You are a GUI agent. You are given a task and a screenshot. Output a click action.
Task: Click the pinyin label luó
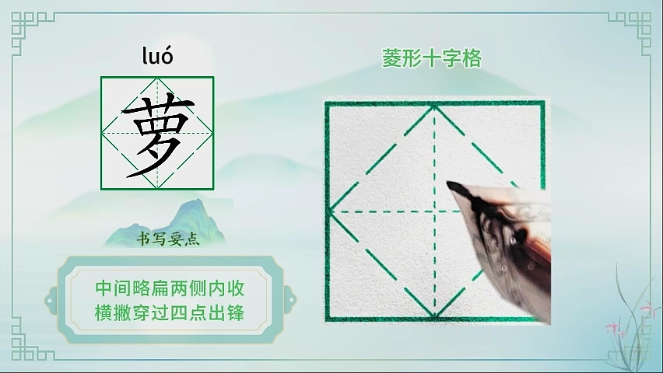[x=157, y=56]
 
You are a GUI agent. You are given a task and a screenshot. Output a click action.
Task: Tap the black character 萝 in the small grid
[x=157, y=135]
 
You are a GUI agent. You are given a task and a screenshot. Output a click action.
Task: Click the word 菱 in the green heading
[x=391, y=58]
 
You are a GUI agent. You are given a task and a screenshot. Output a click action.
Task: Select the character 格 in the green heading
[x=472, y=58]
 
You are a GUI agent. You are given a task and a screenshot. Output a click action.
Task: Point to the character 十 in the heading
[x=432, y=58]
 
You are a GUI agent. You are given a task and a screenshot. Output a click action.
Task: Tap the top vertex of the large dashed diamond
[x=434, y=107]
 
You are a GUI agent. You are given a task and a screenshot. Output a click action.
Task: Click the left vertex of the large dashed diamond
[x=331, y=211]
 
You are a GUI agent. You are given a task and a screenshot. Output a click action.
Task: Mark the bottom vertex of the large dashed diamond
[x=434, y=315]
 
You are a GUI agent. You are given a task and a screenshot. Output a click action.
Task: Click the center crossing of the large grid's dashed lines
[x=434, y=211]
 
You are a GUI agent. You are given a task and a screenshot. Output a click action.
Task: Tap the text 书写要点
[x=168, y=239]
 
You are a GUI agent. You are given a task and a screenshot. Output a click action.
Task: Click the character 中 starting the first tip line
[x=103, y=288]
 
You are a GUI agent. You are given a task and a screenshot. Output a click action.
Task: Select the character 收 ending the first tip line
[x=236, y=288]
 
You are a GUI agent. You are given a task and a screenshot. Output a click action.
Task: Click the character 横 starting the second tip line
[x=103, y=313]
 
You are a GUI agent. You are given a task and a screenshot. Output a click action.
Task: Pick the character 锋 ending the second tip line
[x=236, y=313]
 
